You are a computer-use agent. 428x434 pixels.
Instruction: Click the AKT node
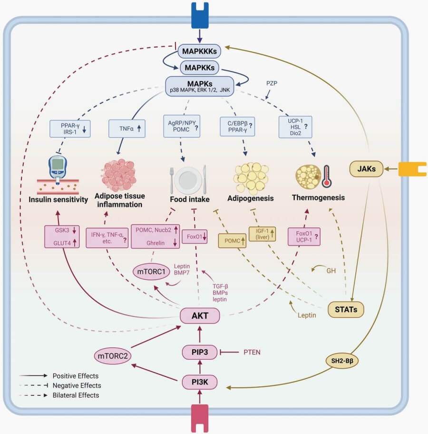(199, 315)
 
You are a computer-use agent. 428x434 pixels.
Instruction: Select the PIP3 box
(199, 352)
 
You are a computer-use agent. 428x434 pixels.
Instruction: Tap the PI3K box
(199, 381)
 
